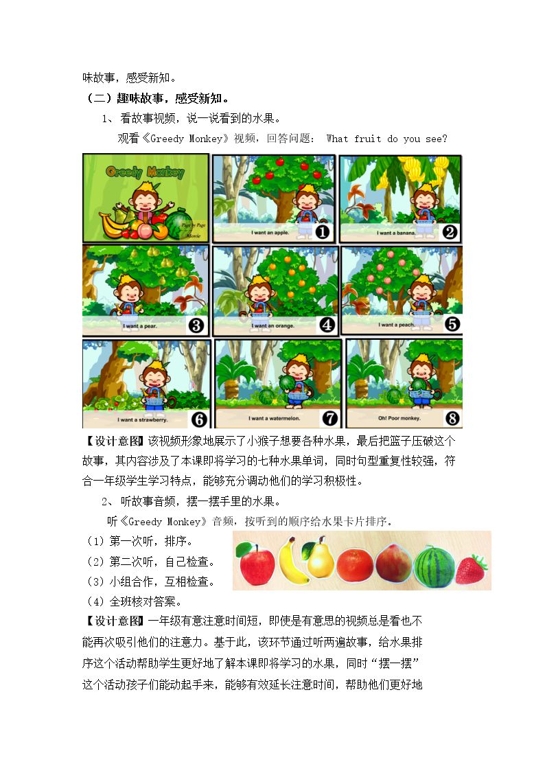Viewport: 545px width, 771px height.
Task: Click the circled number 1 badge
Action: pyautogui.click(x=322, y=231)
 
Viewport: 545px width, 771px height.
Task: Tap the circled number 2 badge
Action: pyautogui.click(x=450, y=231)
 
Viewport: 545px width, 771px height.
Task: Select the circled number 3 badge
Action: pyautogui.click(x=196, y=325)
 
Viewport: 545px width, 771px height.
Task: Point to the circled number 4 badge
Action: pyautogui.click(x=327, y=325)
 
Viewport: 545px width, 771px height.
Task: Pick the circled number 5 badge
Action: pyautogui.click(x=452, y=324)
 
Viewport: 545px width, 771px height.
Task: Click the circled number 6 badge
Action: pyautogui.click(x=199, y=419)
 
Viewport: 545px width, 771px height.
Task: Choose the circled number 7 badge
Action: pyautogui.click(x=329, y=418)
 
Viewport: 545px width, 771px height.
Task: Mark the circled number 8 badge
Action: pyautogui.click(x=452, y=418)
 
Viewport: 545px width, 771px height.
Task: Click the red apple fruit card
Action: pyautogui.click(x=256, y=564)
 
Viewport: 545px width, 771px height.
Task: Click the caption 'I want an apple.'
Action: pyautogui.click(x=270, y=233)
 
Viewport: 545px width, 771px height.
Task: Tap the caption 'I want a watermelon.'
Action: pyautogui.click(x=275, y=418)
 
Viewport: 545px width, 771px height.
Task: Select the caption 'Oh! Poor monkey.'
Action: pyautogui.click(x=399, y=418)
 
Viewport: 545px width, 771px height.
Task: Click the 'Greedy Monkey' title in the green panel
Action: pyautogui.click(x=145, y=172)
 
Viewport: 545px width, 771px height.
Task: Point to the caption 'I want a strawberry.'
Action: pyautogui.click(x=143, y=420)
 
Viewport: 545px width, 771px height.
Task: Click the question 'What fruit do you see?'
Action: pyautogui.click(x=386, y=139)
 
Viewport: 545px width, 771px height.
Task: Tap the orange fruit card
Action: pyautogui.click(x=355, y=566)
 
